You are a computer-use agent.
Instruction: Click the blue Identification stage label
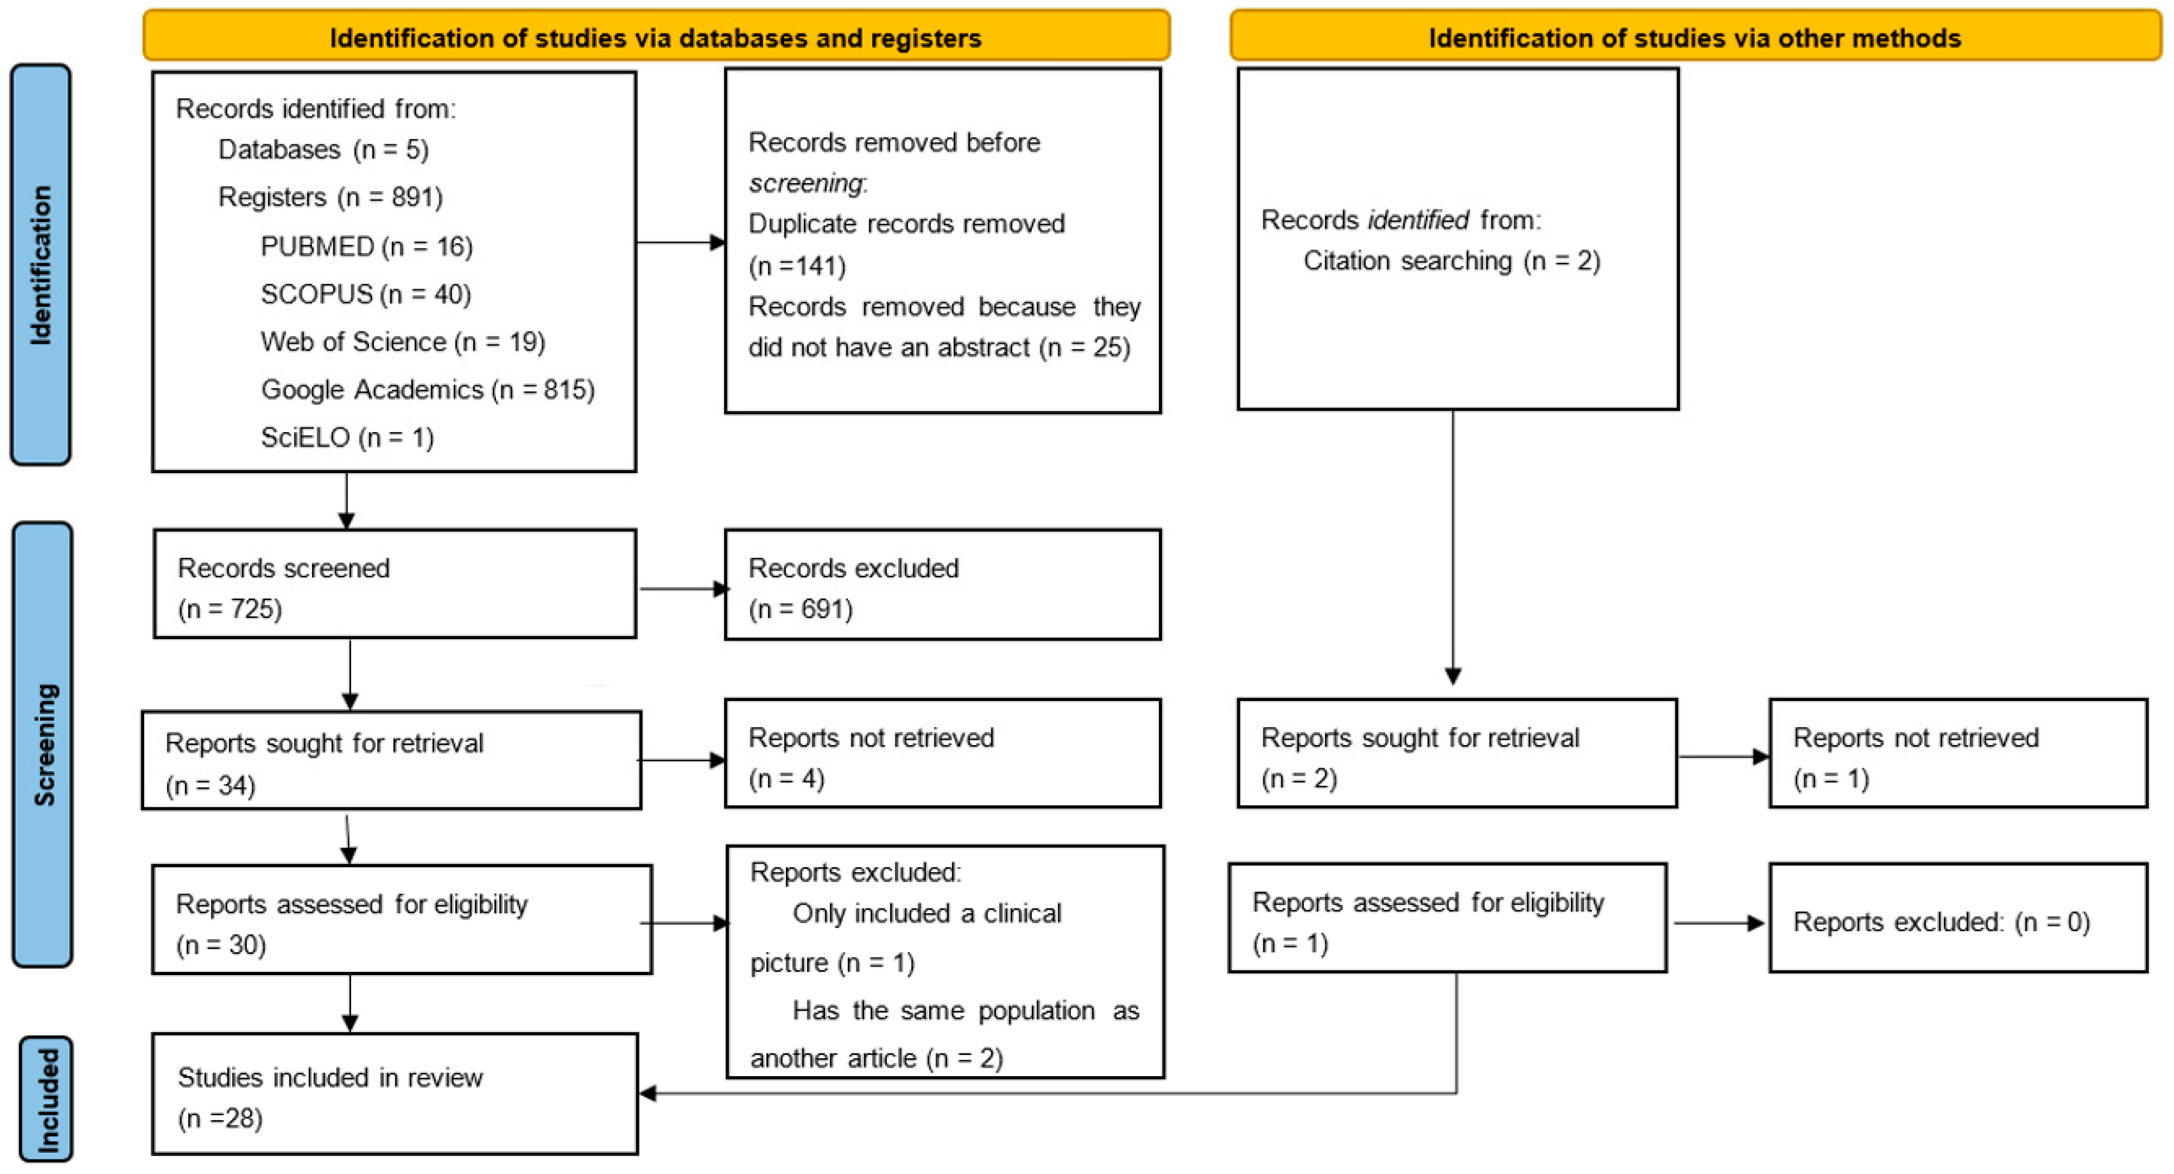(40, 265)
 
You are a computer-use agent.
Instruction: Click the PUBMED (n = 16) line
(366, 247)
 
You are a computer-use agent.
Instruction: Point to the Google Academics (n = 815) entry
(427, 390)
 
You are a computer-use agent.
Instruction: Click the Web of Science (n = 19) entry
(403, 342)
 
